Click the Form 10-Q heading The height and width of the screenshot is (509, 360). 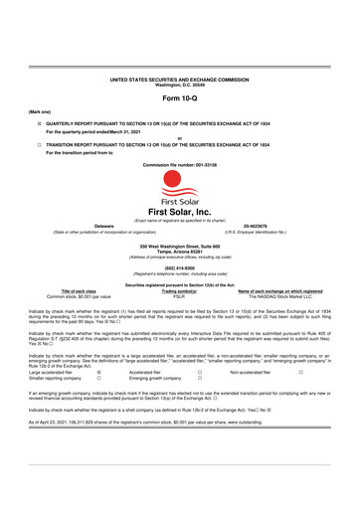point(180,99)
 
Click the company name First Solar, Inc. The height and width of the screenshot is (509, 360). point(180,212)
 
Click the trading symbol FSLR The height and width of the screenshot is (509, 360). point(180,296)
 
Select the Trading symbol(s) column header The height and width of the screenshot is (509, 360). point(180,290)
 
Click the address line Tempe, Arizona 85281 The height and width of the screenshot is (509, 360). point(180,250)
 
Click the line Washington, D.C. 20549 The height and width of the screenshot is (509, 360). point(180,82)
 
